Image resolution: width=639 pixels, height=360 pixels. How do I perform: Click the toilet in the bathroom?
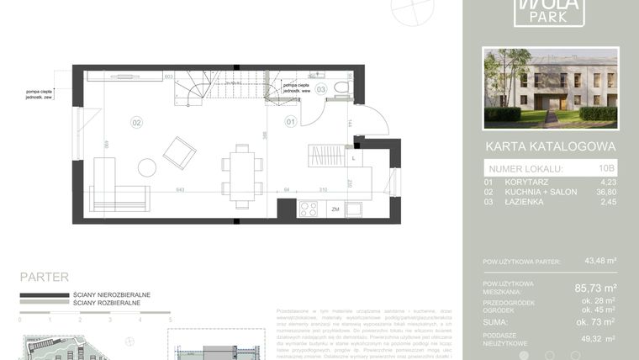tap(341, 87)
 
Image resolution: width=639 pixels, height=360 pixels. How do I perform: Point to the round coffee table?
tap(146, 167)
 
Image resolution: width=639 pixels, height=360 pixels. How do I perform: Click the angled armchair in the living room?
tap(179, 153)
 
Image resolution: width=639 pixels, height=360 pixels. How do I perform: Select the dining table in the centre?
tap(242, 177)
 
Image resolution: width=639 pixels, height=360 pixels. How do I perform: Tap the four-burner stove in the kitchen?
tap(309, 209)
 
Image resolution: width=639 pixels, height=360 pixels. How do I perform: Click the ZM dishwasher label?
tap(335, 209)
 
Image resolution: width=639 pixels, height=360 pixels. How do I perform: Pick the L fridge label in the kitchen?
tap(353, 157)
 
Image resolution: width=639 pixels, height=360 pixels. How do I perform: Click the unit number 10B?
tap(607, 169)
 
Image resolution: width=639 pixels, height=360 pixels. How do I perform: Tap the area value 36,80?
tap(604, 191)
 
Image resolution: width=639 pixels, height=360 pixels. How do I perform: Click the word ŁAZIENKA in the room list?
tap(526, 202)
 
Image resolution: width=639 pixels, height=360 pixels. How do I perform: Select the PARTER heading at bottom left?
tap(44, 277)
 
